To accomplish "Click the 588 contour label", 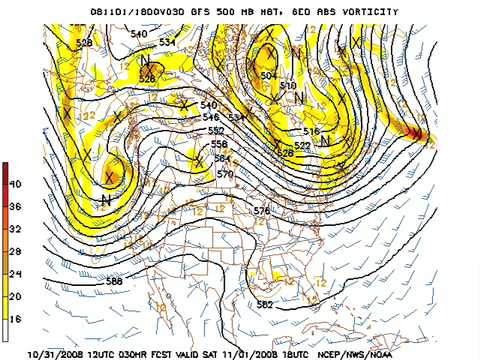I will (114, 282).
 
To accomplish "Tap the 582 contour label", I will (265, 304).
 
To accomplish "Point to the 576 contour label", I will (262, 211).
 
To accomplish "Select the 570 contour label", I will (225, 174).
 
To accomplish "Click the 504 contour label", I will (268, 75).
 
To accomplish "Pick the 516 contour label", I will (310, 131).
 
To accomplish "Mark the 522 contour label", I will (302, 146).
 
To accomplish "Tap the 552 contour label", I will (216, 130).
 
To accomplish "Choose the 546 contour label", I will (210, 117).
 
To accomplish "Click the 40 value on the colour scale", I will (15, 184).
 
